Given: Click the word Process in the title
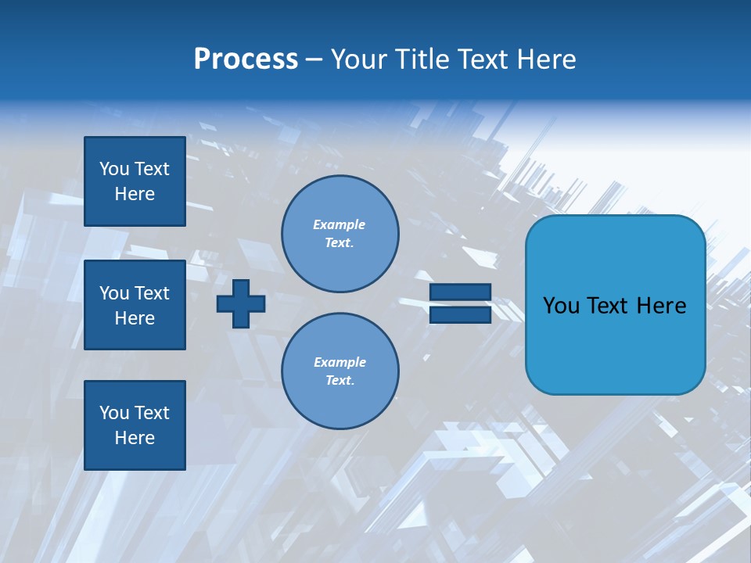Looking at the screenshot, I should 246,59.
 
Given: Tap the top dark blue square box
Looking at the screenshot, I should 135,181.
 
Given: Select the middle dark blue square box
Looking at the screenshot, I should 135,305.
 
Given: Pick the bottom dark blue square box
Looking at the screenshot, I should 135,425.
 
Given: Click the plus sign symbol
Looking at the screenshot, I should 241,303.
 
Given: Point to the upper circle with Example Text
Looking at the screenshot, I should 340,234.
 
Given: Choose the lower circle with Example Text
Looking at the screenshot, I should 340,371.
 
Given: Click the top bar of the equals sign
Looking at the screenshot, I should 460,292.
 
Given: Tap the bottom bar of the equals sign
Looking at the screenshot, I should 460,314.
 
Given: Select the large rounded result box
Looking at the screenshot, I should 615,305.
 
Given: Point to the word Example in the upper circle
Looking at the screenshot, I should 340,224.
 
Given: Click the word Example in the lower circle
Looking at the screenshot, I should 340,362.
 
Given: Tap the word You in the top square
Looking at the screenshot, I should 113,169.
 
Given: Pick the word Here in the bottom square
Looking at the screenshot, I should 135,438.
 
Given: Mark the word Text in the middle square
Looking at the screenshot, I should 151,293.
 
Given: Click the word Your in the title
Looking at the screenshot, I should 358,59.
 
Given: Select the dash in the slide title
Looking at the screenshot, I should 314,60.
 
